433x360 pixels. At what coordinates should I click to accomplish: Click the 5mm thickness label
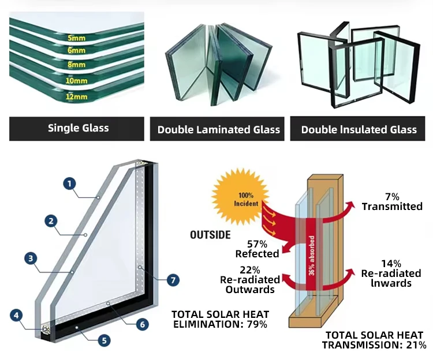(x=76, y=39)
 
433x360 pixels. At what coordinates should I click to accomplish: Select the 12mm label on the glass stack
(x=76, y=96)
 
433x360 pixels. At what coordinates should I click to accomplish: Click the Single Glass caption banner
(x=78, y=128)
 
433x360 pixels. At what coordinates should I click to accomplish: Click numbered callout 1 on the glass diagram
(x=69, y=184)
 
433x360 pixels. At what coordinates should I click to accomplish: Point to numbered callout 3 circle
(x=31, y=258)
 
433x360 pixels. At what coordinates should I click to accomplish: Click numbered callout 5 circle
(x=104, y=340)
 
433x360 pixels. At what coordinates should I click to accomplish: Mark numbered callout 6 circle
(x=143, y=324)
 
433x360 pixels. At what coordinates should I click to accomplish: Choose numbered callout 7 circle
(x=173, y=280)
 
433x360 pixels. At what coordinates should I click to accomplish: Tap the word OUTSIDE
(x=211, y=235)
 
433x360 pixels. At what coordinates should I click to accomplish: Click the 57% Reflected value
(x=257, y=249)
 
